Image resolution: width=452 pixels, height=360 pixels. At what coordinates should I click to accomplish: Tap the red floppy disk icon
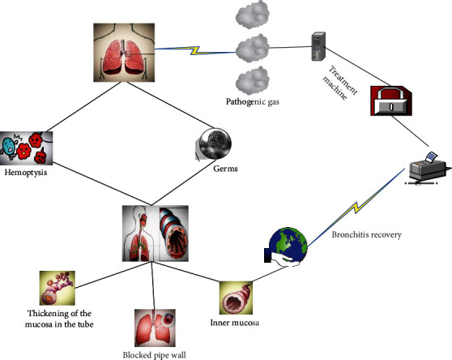click(391, 105)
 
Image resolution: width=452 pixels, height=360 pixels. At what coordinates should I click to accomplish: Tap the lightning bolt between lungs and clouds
click(195, 50)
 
